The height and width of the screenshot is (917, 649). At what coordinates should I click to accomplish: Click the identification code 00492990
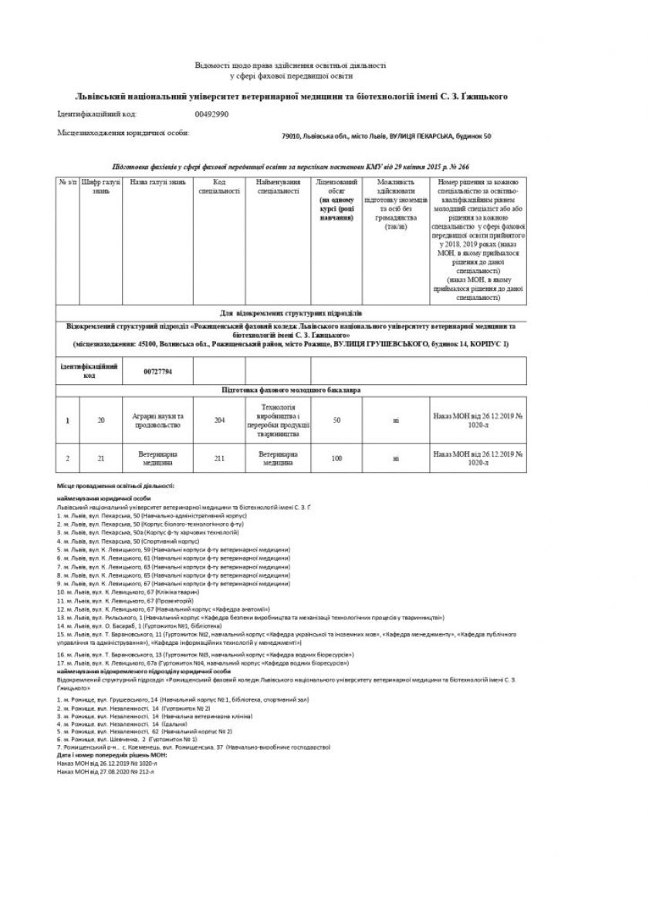(x=211, y=114)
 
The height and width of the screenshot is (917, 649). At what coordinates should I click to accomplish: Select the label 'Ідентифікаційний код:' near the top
(x=97, y=114)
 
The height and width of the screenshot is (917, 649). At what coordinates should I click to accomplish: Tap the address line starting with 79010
(x=387, y=137)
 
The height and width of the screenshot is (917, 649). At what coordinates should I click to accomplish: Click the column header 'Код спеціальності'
(x=219, y=187)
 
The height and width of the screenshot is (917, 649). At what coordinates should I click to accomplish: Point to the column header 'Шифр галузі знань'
(x=101, y=187)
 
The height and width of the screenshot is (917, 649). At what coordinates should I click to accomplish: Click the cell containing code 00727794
(x=157, y=371)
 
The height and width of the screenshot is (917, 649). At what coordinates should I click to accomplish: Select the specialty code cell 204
(x=219, y=420)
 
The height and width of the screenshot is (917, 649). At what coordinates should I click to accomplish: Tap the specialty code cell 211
(x=219, y=458)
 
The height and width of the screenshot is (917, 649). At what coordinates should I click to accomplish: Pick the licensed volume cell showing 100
(x=336, y=458)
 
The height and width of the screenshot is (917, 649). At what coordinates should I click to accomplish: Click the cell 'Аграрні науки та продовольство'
(x=157, y=420)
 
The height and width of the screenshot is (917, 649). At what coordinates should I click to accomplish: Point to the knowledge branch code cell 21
(x=101, y=458)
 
